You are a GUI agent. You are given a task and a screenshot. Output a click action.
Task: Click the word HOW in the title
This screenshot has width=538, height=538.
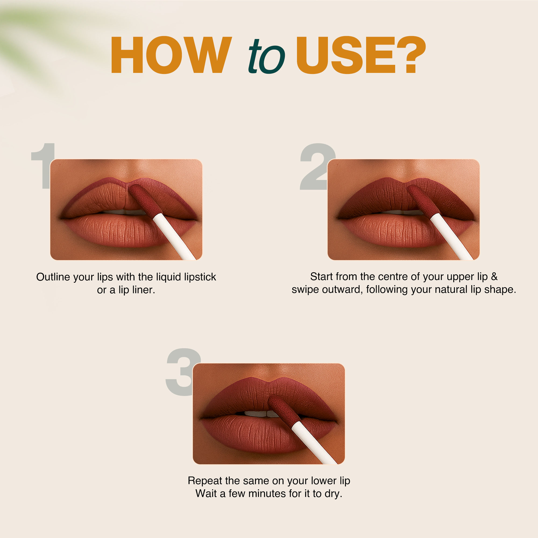click(171, 55)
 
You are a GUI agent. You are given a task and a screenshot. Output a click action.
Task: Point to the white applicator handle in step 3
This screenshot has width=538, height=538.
click(314, 443)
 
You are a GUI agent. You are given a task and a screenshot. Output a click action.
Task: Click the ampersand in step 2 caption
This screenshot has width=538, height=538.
click(494, 277)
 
